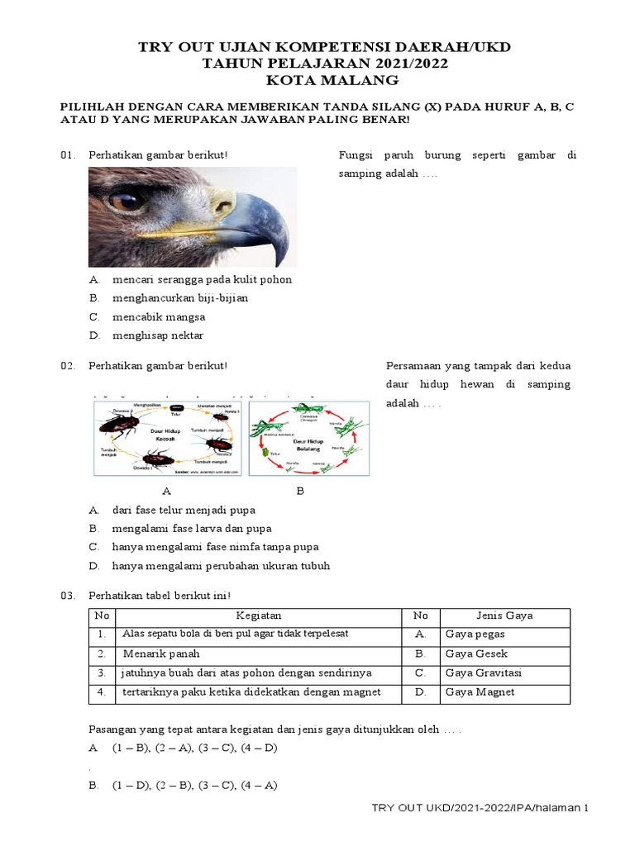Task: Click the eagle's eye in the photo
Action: [126, 201]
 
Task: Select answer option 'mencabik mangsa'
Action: [159, 316]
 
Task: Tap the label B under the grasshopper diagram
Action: [300, 491]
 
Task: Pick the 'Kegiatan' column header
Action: [259, 615]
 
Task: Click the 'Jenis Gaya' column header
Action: [504, 615]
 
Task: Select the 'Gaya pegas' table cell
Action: [475, 634]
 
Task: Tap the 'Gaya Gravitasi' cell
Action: [483, 673]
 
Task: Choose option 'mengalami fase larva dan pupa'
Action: [191, 528]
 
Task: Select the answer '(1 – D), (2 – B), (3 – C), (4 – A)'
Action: [194, 786]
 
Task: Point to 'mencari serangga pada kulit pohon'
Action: [202, 279]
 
